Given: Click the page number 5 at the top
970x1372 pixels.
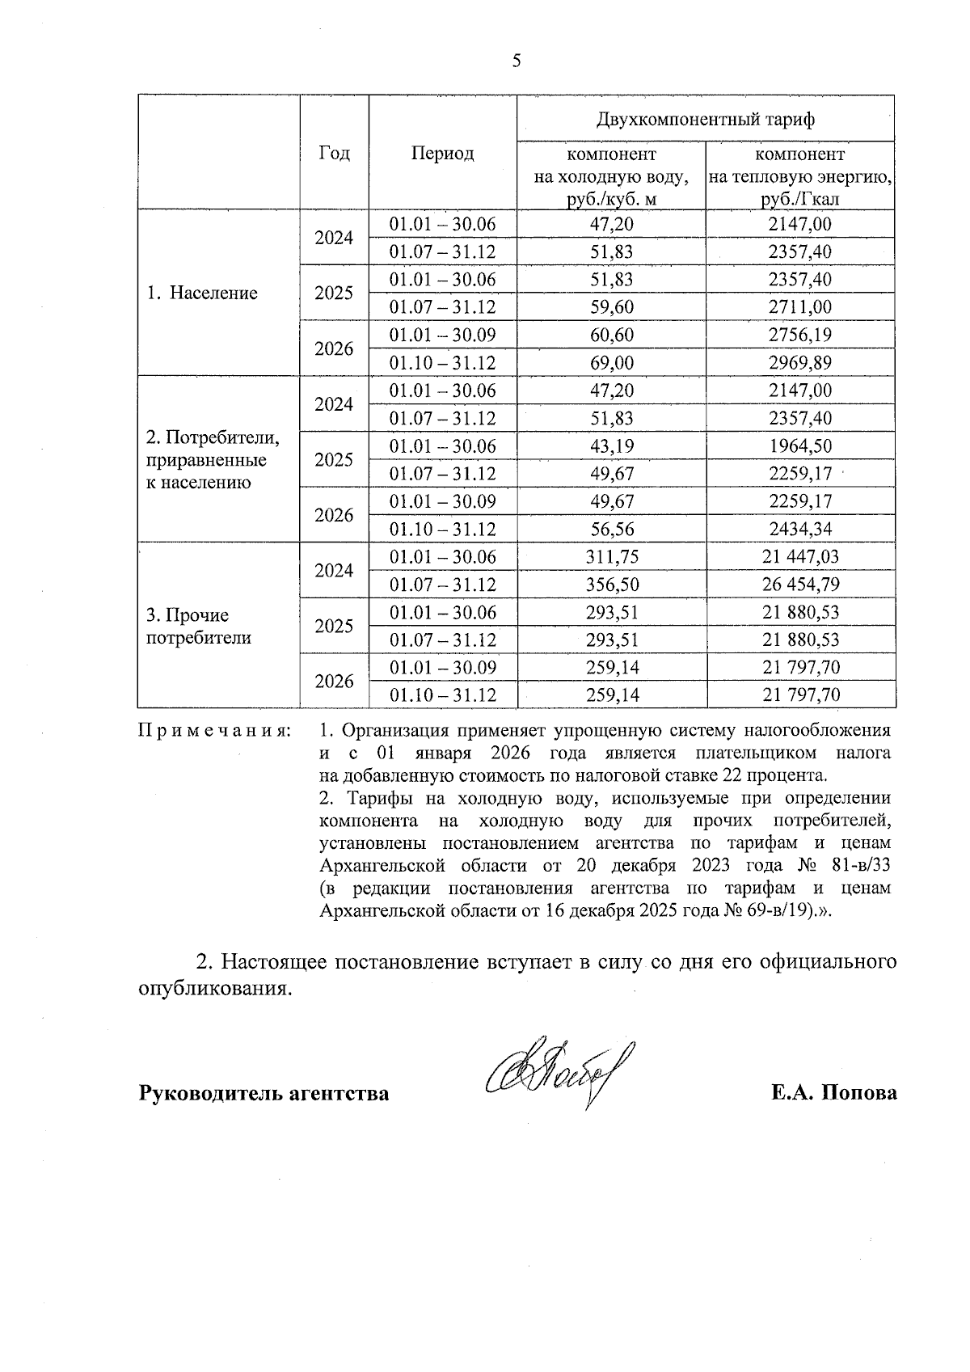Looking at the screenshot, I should (x=517, y=61).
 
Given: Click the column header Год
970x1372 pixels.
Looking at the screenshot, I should (x=334, y=154).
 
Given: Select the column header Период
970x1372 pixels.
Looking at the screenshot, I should (x=442, y=154).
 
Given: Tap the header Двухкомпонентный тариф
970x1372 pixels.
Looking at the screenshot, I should (x=706, y=120).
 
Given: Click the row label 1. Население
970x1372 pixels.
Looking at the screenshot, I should (x=202, y=293).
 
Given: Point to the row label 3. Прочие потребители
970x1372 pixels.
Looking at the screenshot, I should (x=198, y=627).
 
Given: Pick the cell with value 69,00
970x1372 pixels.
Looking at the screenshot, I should (x=611, y=363).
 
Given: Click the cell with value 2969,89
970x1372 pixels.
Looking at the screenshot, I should (x=799, y=363).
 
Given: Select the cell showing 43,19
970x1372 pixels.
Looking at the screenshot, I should (x=611, y=446).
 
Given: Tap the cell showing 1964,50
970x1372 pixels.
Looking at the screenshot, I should (x=799, y=446).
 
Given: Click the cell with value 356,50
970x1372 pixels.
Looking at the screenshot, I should (x=611, y=585).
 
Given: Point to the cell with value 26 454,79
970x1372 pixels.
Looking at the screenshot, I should (x=800, y=585).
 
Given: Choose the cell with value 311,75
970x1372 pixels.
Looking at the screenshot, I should (x=611, y=557).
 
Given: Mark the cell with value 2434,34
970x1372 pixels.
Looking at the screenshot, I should (x=799, y=530).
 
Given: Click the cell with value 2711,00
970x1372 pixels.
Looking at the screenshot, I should (x=799, y=307).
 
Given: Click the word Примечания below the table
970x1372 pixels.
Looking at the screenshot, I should (x=215, y=731).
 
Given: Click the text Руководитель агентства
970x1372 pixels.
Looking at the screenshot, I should (x=264, y=1094).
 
